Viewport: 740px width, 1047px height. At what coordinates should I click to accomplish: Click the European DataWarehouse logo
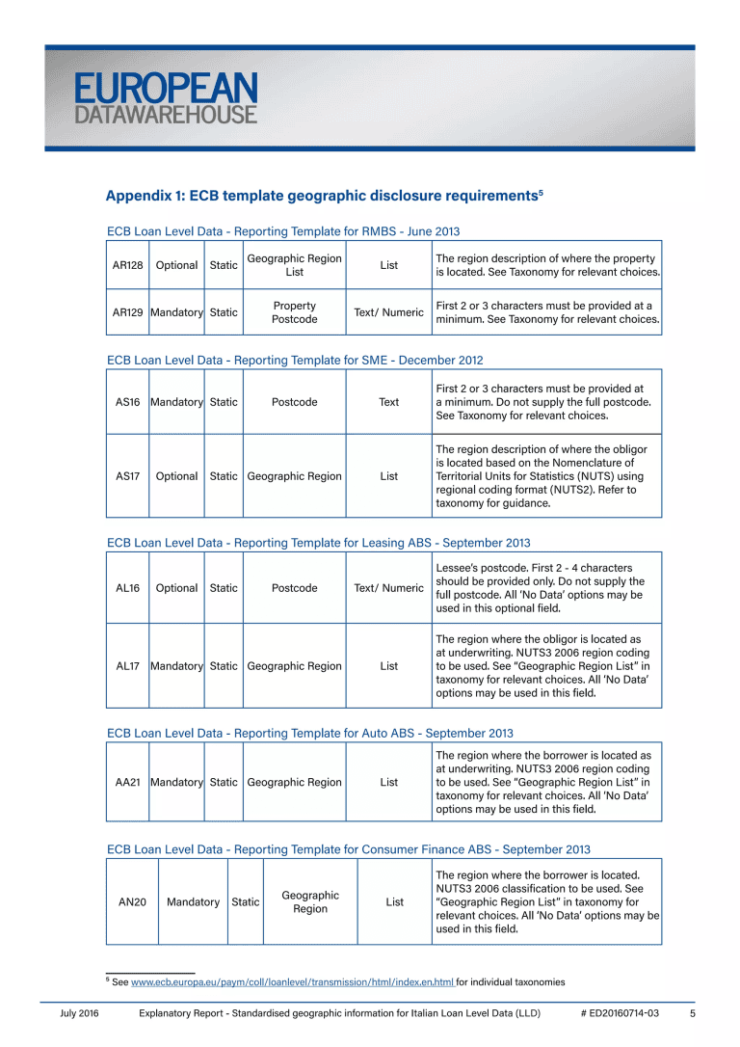(x=166, y=99)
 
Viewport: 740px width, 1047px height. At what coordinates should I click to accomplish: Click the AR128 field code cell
(x=127, y=265)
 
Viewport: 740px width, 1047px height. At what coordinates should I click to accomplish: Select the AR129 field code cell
(x=127, y=312)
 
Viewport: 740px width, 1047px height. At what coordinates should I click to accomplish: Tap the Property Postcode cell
(x=294, y=312)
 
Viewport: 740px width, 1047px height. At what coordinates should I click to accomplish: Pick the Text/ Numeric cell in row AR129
(x=388, y=312)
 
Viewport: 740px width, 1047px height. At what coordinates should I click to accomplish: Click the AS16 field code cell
(x=127, y=402)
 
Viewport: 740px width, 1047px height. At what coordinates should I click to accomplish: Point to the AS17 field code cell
(x=127, y=476)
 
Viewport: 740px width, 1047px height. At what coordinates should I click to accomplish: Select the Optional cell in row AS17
(x=176, y=476)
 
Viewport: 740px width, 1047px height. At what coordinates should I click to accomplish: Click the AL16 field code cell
(x=127, y=588)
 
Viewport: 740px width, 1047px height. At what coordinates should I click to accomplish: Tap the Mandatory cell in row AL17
(x=176, y=666)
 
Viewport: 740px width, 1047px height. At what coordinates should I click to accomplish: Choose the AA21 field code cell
(x=127, y=783)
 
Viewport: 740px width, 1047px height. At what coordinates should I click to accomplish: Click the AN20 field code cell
(x=132, y=902)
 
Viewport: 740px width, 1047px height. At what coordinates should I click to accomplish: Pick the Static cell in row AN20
(x=245, y=902)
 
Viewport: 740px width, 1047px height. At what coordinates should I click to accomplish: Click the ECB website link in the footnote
(x=292, y=982)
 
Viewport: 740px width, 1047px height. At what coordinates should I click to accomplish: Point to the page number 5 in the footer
(x=693, y=1014)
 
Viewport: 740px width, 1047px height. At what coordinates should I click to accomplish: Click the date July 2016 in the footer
(x=80, y=1014)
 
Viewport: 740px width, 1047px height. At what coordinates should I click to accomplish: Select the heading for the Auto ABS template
(x=309, y=734)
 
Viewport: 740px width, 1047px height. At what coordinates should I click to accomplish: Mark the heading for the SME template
(x=295, y=360)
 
